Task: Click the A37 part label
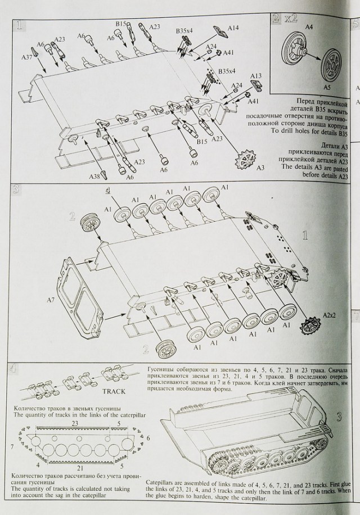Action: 26,57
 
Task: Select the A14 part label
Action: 233,27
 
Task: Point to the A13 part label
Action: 255,75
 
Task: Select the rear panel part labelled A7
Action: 78,296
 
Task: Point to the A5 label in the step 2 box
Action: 327,88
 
